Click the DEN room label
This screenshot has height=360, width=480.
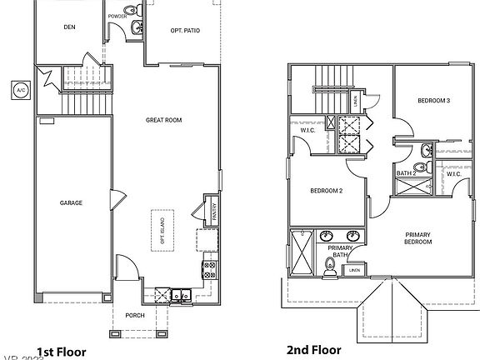point(69,27)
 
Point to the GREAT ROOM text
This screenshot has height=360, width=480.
point(164,120)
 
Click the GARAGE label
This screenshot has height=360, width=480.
point(70,202)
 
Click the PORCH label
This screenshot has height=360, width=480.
point(135,315)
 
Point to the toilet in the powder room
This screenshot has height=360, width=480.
point(136,28)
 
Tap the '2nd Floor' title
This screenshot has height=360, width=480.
point(313,351)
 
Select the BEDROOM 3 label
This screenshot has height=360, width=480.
point(433,101)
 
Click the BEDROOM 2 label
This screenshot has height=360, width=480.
point(326,191)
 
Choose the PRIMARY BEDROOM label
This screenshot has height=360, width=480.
point(418,238)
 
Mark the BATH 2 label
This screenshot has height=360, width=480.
point(406,173)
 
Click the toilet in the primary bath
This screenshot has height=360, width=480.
point(331,267)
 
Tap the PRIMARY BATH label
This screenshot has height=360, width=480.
point(341,252)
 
